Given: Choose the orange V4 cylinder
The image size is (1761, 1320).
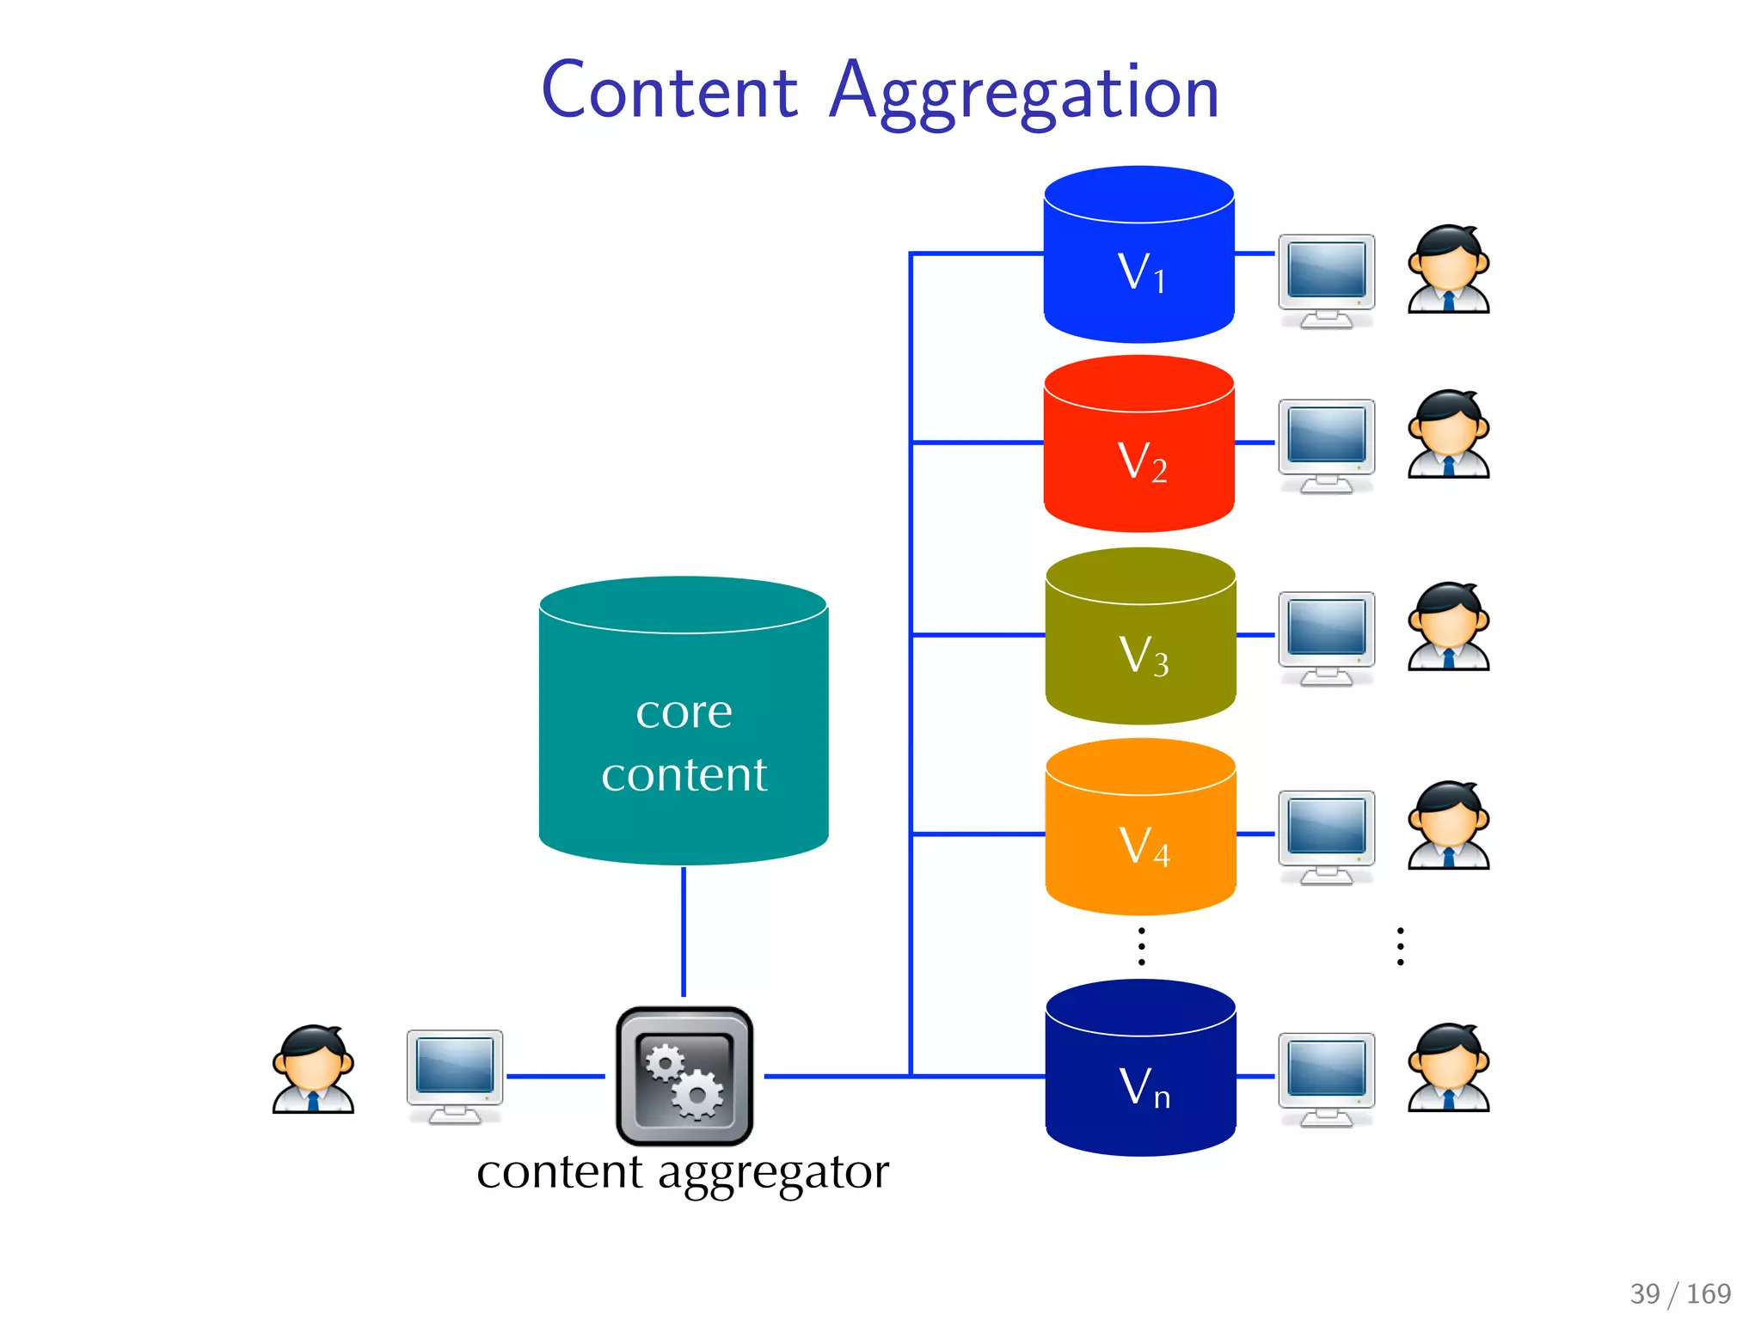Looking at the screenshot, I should [1140, 828].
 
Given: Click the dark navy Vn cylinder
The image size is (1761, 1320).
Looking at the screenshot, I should [1140, 1069].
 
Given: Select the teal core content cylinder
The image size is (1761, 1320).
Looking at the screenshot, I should [684, 722].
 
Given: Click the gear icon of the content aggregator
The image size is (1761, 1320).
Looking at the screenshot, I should [684, 1076].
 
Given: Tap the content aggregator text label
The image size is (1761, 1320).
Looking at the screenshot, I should [683, 1172].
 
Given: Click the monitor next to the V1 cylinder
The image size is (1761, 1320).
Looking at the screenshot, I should [1326, 279].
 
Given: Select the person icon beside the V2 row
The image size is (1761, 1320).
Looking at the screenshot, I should [1448, 435].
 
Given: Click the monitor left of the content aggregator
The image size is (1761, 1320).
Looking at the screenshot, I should [454, 1074].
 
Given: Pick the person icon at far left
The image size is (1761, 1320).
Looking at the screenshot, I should [313, 1069].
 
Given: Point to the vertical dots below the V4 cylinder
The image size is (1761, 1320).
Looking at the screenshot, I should [1141, 946].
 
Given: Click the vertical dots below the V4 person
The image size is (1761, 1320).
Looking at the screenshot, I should [1401, 946].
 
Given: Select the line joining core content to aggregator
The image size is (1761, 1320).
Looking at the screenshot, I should [684, 932].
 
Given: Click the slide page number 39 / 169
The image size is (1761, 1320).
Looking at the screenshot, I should [1680, 1293].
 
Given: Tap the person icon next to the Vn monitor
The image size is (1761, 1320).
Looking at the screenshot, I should [1448, 1068].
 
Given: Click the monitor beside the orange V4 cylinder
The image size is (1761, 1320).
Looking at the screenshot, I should [1326, 836].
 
